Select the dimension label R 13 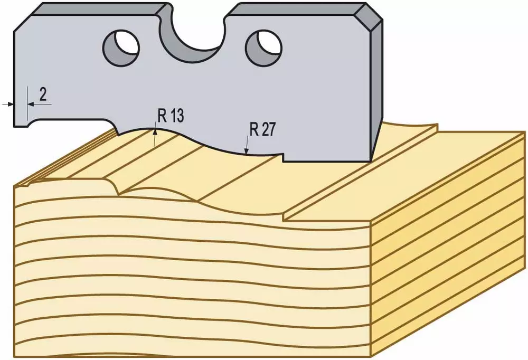click(x=171, y=115)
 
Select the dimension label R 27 click(x=262, y=129)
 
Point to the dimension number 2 click(x=43, y=94)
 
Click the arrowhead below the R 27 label click(x=247, y=151)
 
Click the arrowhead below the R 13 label click(x=155, y=132)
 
